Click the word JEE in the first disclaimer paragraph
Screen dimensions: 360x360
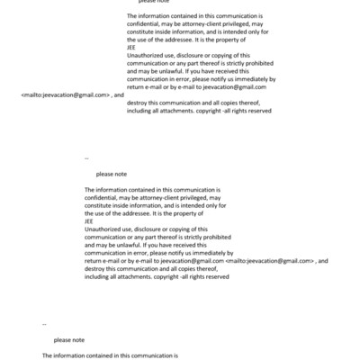click(x=132, y=49)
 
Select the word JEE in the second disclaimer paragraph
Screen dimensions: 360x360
click(x=89, y=220)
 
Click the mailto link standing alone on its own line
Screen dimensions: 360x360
click(x=65, y=94)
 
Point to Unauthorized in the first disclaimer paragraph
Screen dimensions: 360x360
click(x=148, y=56)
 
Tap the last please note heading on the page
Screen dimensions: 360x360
click(x=69, y=340)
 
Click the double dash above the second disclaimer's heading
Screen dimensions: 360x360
click(x=86, y=157)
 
